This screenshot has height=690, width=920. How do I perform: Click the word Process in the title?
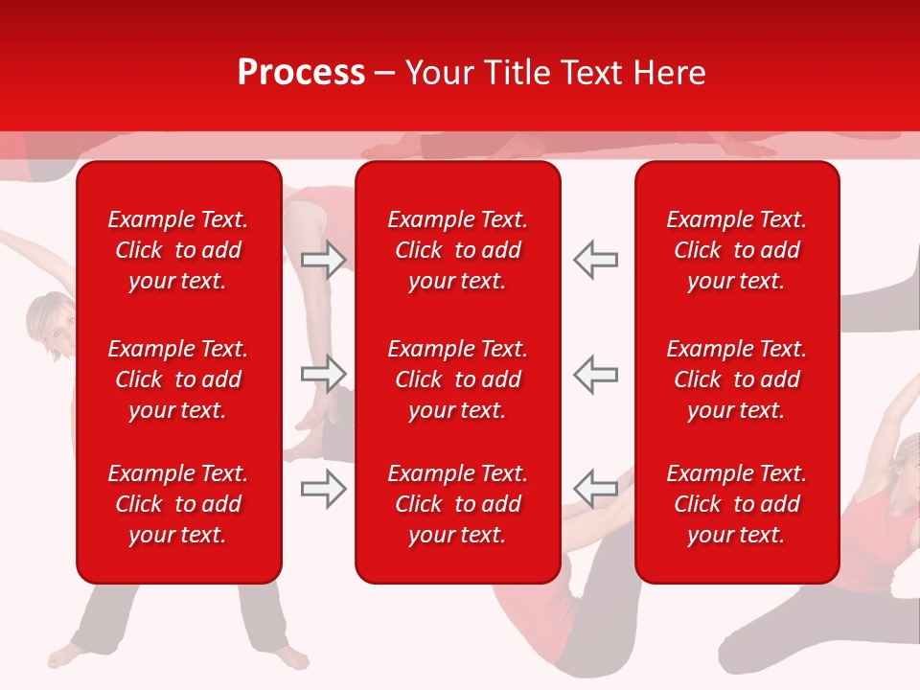301,73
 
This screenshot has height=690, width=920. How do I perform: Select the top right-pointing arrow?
323,260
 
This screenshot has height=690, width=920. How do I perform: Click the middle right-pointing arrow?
323,374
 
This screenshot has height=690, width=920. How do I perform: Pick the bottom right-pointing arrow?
323,490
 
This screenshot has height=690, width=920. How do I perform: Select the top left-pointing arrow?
596,260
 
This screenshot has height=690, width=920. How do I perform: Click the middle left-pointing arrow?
596,374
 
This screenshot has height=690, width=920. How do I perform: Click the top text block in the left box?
178,250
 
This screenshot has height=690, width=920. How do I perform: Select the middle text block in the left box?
178,379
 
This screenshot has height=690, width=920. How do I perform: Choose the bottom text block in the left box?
178,504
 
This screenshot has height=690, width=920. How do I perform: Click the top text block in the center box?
458,250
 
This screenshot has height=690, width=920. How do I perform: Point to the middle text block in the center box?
458,379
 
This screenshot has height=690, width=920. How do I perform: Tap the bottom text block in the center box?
458,504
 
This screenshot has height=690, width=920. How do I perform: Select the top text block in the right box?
737,250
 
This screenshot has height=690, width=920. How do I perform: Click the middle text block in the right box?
737,379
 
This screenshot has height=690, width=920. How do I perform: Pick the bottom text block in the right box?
737,504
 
